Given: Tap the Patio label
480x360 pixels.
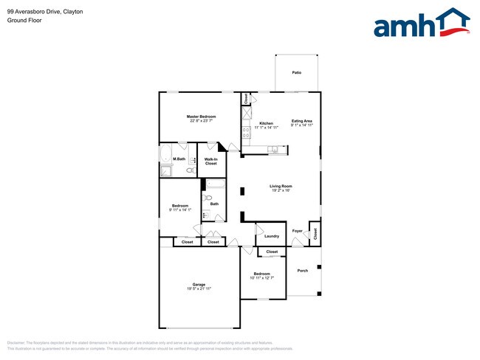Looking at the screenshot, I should point(296,73).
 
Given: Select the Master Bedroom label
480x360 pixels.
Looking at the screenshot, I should point(201,117).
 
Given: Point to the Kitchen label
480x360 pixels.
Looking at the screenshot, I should point(266,122).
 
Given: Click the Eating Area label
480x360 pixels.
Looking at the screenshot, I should point(302,121).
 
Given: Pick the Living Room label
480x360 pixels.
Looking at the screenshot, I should point(281,186).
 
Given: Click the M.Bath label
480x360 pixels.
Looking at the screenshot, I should point(179,159).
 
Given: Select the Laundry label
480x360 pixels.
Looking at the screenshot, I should point(271,236).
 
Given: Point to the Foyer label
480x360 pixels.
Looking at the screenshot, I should point(298,232).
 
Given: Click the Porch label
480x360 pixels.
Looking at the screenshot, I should point(302,271).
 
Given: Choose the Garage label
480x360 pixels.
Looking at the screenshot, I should point(199,284).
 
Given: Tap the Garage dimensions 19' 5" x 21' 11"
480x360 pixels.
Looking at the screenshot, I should point(198,288).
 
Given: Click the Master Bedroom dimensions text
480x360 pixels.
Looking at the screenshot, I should point(201,121).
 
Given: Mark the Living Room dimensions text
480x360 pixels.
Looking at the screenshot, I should point(281,190).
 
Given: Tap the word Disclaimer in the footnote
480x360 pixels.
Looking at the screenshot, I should point(16,343).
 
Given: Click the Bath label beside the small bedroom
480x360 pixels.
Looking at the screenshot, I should point(214,204).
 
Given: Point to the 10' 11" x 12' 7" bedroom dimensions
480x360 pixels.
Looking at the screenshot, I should point(261,278).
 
